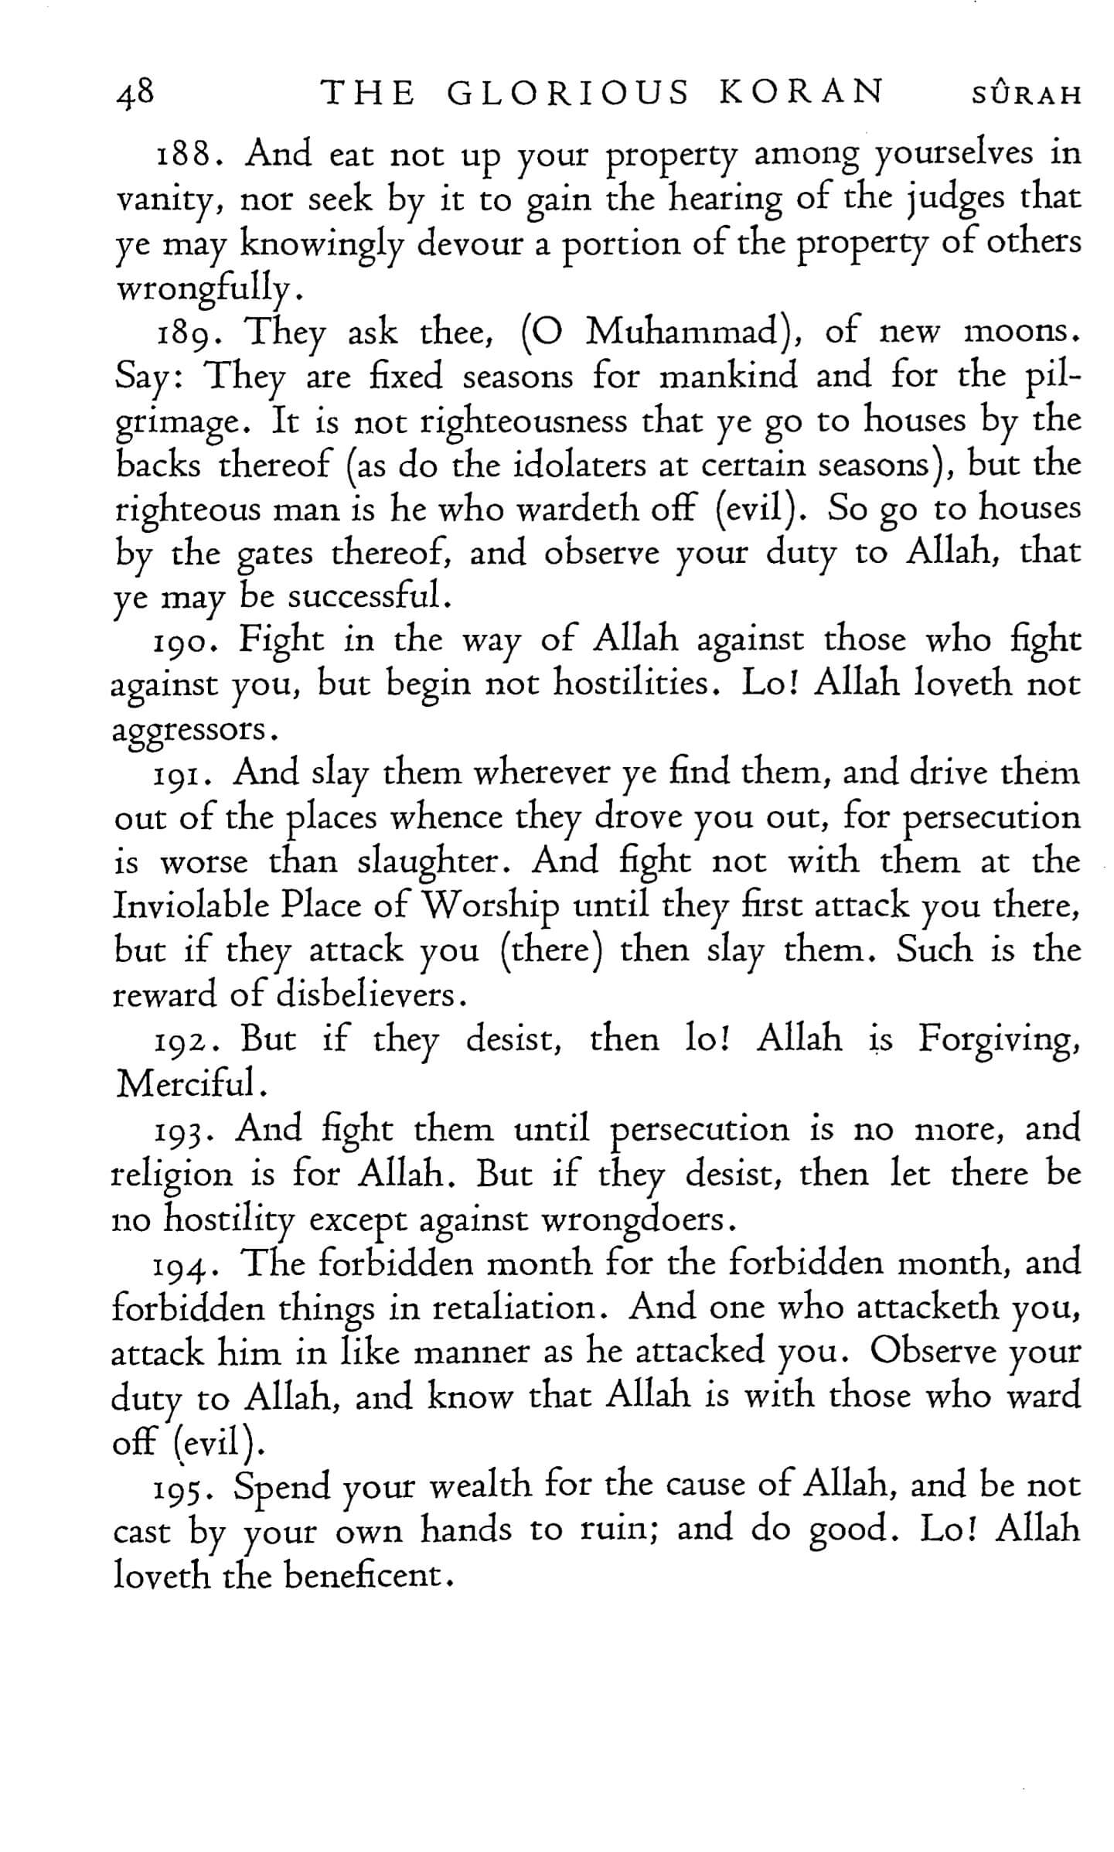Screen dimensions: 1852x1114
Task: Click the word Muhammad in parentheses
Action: click(x=680, y=333)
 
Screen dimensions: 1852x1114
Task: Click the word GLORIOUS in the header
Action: click(x=567, y=94)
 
